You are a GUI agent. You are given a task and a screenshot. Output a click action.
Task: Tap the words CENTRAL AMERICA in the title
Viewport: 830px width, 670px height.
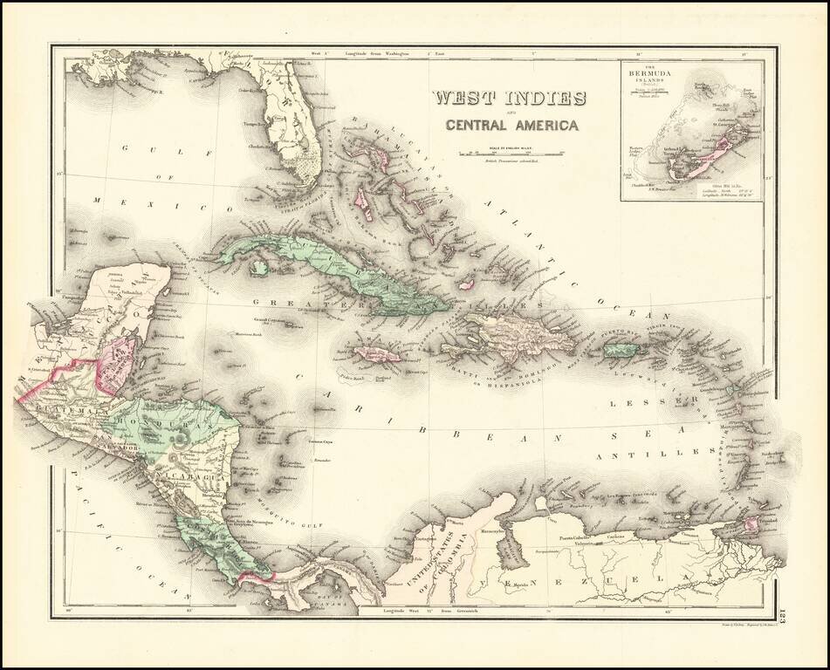511,125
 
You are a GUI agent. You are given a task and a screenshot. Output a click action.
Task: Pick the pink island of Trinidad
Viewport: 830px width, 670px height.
750,525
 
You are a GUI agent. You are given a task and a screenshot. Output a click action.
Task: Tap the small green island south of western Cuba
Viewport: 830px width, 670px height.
258,269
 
